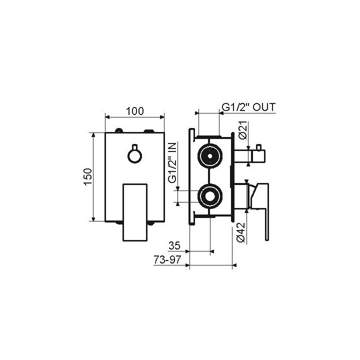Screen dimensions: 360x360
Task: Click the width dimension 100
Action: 134,111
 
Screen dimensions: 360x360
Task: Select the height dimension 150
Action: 87,176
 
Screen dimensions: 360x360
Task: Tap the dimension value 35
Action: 174,245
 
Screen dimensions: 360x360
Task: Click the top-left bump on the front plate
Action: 118,131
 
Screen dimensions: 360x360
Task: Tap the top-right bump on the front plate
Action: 148,131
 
